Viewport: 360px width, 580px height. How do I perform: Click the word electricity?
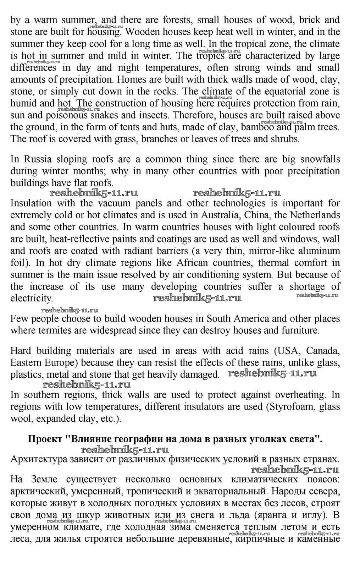click(32, 298)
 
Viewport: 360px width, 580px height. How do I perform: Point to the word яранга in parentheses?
click(275, 515)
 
